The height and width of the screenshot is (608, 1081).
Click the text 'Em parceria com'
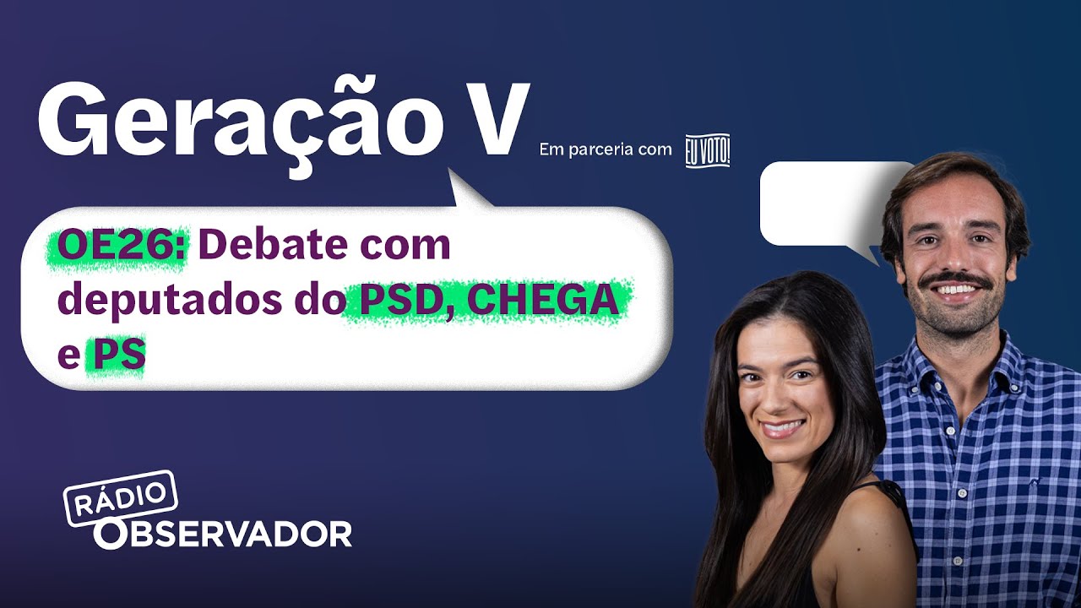606,150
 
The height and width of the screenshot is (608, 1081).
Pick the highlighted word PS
118,356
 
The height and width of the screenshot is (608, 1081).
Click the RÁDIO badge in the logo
121,498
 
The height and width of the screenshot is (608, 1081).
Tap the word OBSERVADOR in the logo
224,534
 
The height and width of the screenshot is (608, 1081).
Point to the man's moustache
955,279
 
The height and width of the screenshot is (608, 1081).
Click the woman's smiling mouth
782,427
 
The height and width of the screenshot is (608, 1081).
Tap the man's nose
953,257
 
